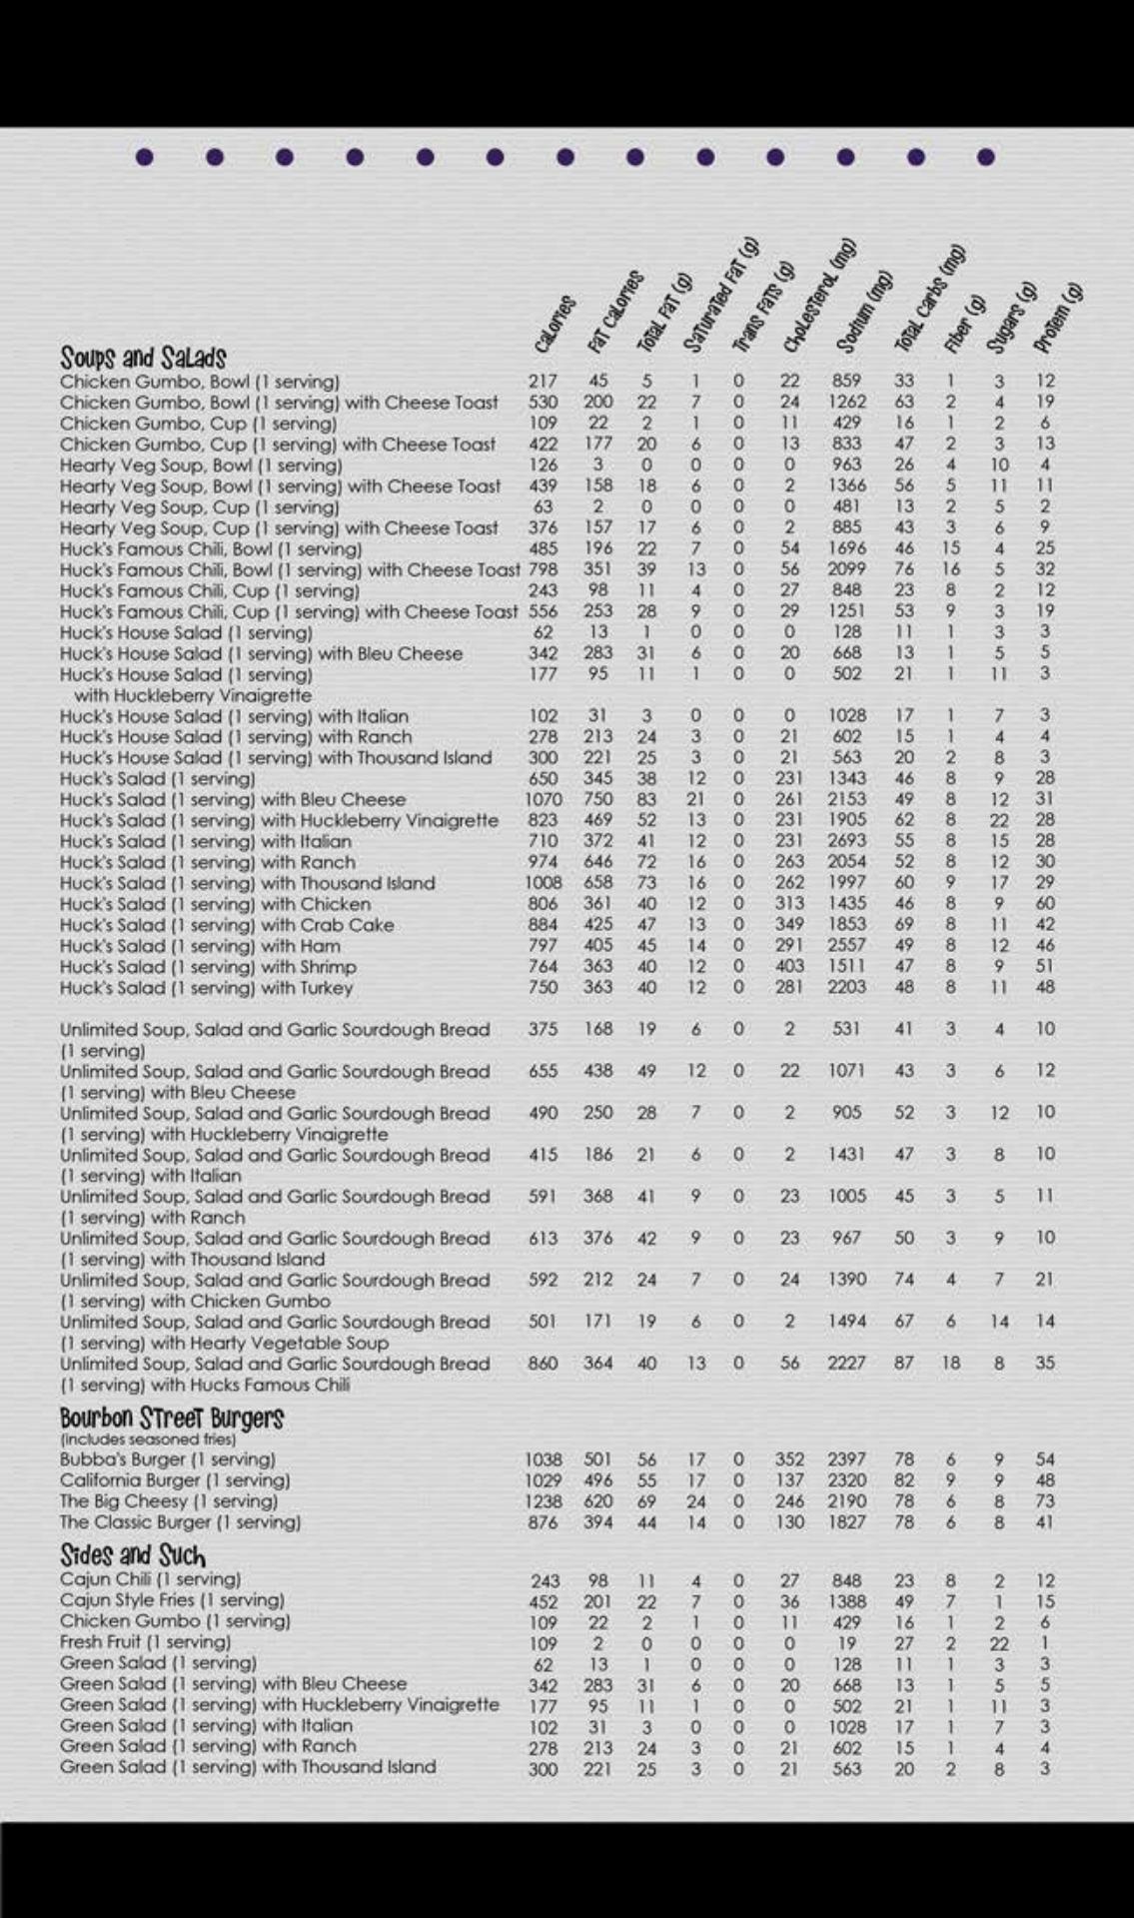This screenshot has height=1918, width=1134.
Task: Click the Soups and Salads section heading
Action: (143, 357)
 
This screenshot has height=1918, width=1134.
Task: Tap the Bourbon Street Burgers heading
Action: (171, 1418)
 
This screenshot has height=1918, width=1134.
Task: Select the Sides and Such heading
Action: (132, 1555)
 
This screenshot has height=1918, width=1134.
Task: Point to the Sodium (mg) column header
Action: (863, 314)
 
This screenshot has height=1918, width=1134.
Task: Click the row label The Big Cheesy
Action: (168, 1501)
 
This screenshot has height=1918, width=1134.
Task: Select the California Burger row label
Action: (174, 1480)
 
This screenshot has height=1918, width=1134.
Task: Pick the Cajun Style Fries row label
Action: (172, 1599)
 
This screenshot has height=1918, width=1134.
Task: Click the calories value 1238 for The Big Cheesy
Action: (544, 1501)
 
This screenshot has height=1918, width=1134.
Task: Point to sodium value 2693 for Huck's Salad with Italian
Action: (846, 841)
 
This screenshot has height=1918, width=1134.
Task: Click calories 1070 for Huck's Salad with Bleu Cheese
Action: (544, 799)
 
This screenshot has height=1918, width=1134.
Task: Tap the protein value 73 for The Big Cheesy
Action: (1045, 1501)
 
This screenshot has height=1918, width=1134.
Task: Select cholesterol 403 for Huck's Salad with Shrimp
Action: (789, 967)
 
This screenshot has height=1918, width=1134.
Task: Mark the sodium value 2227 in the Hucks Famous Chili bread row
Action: (846, 1364)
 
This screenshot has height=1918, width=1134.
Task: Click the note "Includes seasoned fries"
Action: (148, 1439)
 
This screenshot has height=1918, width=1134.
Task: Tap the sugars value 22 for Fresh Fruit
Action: (999, 1643)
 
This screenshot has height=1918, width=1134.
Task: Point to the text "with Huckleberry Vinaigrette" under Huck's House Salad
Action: (192, 695)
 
